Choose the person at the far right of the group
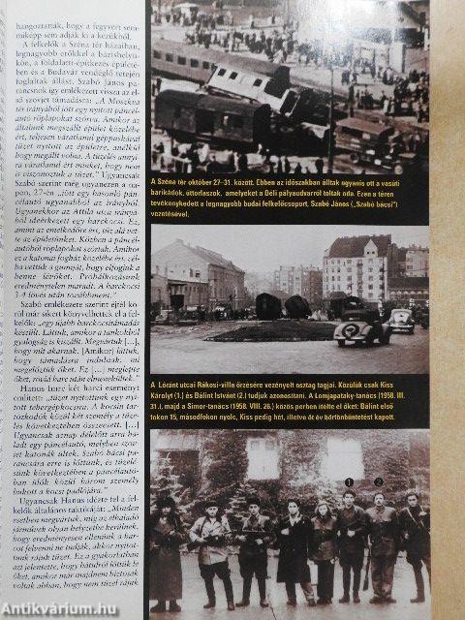point(415,542)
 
